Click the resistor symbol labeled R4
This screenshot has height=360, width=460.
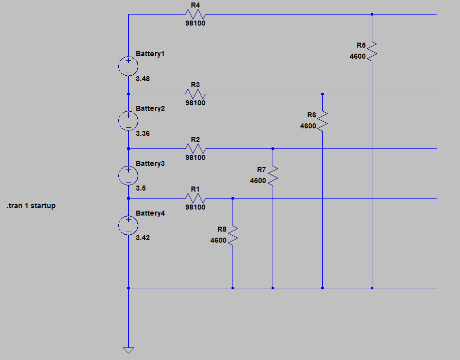(x=195, y=15)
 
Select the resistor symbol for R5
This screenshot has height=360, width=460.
(x=372, y=51)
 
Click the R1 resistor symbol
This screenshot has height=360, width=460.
(x=195, y=199)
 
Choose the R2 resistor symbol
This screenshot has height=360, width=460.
(x=195, y=149)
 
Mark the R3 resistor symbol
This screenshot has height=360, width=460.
(x=195, y=94)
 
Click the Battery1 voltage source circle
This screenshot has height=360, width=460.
(x=128, y=66)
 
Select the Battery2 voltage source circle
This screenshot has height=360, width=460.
(x=128, y=121)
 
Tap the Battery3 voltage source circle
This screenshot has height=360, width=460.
(x=128, y=175)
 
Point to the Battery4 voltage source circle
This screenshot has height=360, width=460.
(x=128, y=225)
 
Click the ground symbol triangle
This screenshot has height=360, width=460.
(x=129, y=350)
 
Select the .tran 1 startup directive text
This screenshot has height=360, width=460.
(x=31, y=206)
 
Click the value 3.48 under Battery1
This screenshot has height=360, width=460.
(x=143, y=79)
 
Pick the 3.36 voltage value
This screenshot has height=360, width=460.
(x=143, y=134)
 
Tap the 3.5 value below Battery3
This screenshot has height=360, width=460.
(x=141, y=188)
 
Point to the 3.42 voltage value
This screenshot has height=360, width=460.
(x=143, y=238)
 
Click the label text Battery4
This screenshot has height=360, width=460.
(x=150, y=213)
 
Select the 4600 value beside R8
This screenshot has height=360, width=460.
(x=218, y=240)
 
